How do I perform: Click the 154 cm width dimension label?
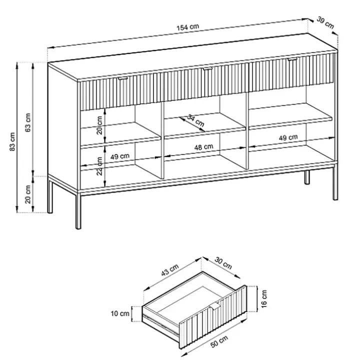(x=187, y=27)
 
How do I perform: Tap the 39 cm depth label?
(x=325, y=22)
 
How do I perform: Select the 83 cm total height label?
(x=12, y=141)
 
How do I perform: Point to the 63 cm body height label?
(x=27, y=122)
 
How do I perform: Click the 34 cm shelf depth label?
(x=195, y=120)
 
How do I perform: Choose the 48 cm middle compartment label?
(x=203, y=147)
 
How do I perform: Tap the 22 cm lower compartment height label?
(x=99, y=166)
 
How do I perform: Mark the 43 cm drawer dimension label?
(x=170, y=270)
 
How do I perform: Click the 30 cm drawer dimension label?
(x=223, y=263)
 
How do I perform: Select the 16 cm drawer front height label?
(x=264, y=298)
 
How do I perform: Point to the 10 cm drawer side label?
(x=120, y=313)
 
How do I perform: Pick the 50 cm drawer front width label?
(x=219, y=341)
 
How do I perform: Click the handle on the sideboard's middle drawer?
(x=207, y=68)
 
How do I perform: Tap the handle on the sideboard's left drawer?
(x=123, y=79)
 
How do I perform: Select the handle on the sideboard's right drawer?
(x=292, y=59)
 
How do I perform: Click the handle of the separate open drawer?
(x=215, y=306)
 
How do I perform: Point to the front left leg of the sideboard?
(x=78, y=210)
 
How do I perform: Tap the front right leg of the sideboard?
(x=335, y=182)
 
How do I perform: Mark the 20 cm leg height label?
(x=28, y=194)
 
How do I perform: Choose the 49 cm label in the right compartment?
(x=288, y=138)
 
